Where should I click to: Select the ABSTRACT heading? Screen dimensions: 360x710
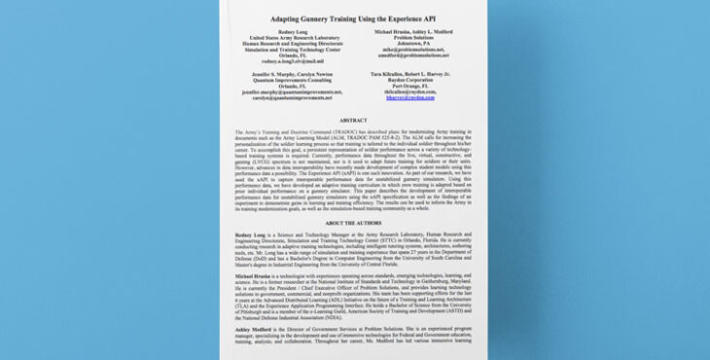(x=354, y=121)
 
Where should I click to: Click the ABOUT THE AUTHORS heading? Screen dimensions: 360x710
(x=354, y=223)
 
